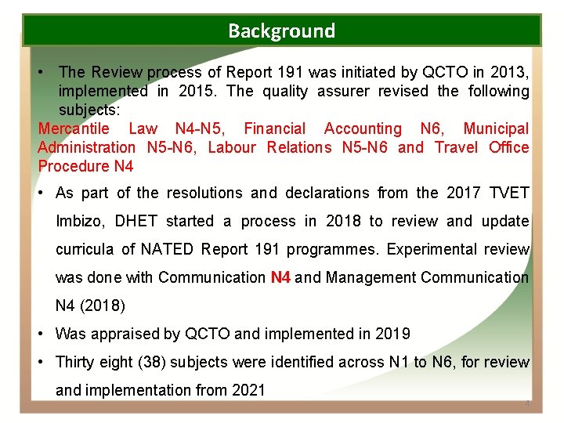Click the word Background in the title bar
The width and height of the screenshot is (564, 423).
click(x=281, y=31)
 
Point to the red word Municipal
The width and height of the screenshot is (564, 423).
click(x=496, y=128)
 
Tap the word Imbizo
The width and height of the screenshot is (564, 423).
click(x=79, y=222)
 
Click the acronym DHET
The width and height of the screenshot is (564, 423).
click(x=136, y=222)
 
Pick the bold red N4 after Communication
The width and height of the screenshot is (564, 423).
click(x=280, y=277)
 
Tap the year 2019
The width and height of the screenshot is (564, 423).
click(x=392, y=334)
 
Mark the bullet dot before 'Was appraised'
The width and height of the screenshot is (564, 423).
click(x=41, y=334)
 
